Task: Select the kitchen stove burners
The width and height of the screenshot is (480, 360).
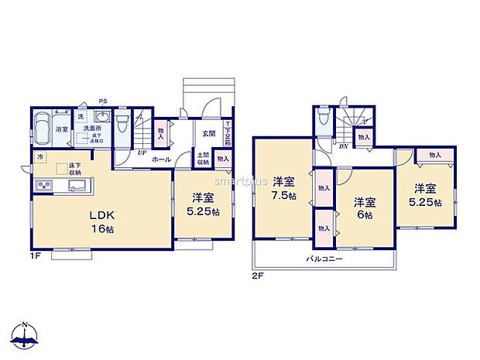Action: [41, 186]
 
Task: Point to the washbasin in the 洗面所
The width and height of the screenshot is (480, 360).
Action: [99, 118]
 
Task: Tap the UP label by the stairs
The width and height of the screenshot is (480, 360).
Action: [142, 153]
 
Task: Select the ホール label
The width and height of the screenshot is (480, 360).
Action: [162, 159]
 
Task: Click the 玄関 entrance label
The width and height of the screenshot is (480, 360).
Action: [209, 133]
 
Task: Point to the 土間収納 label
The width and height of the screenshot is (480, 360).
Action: [203, 159]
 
